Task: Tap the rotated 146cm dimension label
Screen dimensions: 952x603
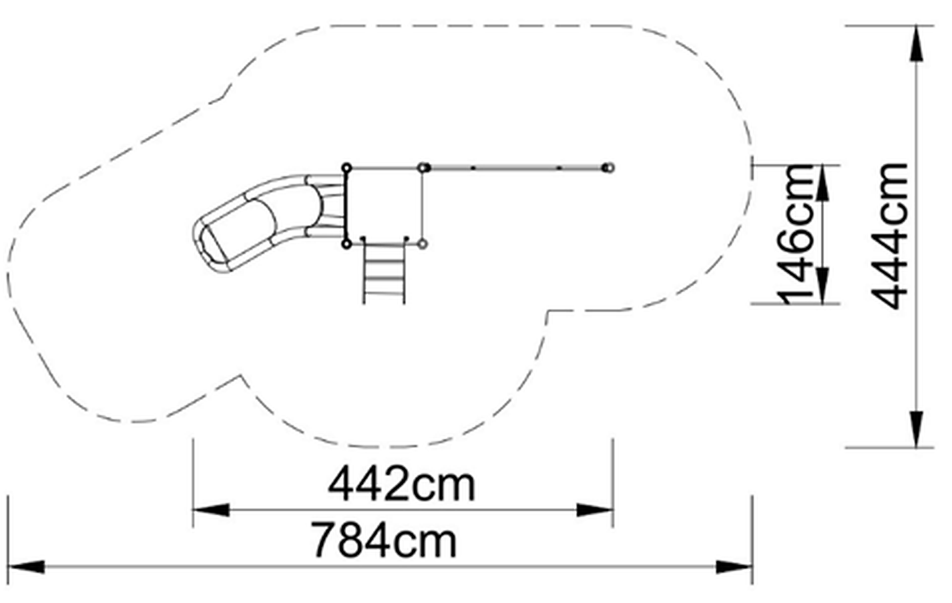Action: (795, 235)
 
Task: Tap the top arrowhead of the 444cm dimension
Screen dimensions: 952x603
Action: (916, 43)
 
